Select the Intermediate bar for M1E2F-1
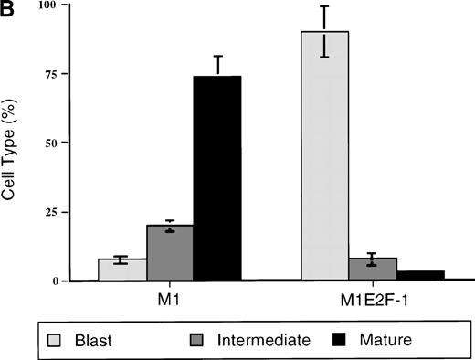point(373,270)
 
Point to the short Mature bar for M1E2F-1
point(420,275)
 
